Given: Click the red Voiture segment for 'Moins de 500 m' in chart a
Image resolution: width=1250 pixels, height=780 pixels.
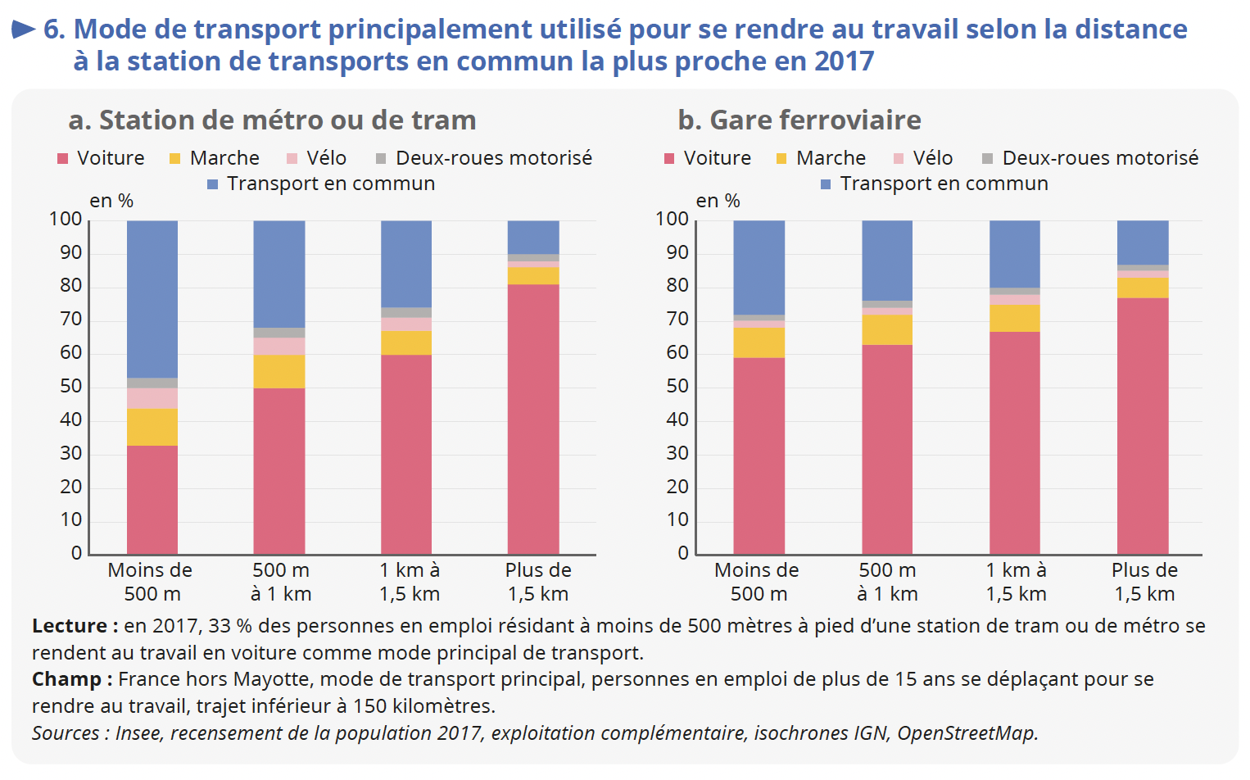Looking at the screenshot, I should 152,499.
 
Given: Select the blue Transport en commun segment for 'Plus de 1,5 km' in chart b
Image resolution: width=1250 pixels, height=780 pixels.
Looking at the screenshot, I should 1143,243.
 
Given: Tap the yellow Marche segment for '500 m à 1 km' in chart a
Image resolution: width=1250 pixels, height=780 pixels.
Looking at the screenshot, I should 279,371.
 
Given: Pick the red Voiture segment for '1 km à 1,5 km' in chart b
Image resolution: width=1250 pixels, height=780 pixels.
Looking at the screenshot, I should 1015,442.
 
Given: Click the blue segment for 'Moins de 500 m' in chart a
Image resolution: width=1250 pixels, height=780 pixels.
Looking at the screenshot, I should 152,299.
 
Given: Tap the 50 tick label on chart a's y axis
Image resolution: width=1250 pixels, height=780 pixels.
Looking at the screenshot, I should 71,386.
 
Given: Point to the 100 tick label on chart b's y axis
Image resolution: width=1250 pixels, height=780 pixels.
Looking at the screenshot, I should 672,219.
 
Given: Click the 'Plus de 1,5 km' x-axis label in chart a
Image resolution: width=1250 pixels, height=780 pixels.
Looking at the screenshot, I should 538,582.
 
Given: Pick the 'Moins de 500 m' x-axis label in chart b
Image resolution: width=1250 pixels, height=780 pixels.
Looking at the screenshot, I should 757,582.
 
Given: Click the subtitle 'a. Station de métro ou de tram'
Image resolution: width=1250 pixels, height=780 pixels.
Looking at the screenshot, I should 272,120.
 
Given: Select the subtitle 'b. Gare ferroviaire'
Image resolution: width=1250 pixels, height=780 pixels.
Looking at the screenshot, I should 799,120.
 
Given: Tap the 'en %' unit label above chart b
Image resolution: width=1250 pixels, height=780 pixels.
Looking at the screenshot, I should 718,201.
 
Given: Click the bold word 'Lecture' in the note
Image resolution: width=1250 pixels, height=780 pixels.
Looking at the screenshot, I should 69,626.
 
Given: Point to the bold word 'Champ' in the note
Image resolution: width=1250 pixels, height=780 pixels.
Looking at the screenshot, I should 66,679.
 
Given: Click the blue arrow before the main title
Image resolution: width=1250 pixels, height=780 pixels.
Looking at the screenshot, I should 24,30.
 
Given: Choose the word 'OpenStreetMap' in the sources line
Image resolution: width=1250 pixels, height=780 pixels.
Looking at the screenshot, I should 967,733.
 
